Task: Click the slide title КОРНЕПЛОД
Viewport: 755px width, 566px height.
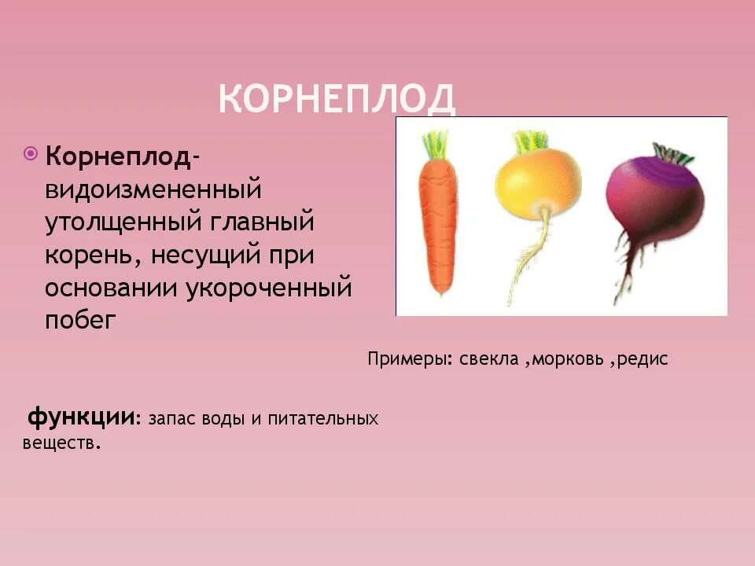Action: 337,100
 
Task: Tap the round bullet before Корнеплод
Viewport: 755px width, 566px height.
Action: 31,154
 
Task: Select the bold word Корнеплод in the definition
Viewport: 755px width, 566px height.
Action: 118,157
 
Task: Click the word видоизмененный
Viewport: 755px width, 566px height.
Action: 153,189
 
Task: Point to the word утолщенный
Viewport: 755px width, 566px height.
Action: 121,222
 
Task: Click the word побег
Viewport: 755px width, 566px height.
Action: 79,321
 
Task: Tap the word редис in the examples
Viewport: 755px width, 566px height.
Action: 643,359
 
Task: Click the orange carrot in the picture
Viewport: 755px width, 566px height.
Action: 436,220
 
